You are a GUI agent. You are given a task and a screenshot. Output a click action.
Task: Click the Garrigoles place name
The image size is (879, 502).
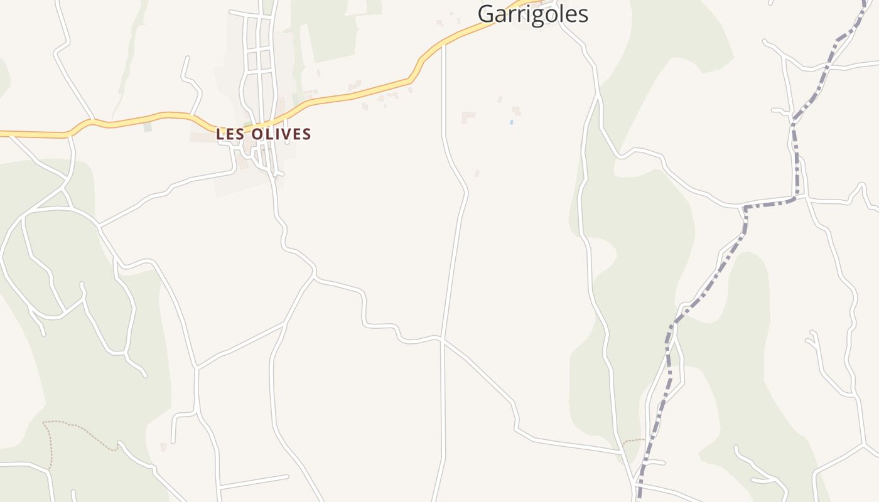click(532, 14)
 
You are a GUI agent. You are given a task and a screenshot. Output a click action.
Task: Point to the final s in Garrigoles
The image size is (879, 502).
click(583, 15)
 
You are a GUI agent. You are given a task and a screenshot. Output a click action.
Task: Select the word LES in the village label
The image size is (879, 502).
click(230, 134)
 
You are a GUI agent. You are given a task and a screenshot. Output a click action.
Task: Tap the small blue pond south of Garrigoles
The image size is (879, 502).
click(512, 122)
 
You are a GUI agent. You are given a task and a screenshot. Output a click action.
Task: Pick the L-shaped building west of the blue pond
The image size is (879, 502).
click(468, 117)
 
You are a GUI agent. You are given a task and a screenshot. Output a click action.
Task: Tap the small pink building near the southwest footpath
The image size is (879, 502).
click(163, 447)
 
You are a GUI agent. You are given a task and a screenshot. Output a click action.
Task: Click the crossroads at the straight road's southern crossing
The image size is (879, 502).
click(443, 339)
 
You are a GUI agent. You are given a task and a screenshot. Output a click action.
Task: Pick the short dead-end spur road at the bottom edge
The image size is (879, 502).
click(254, 481)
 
